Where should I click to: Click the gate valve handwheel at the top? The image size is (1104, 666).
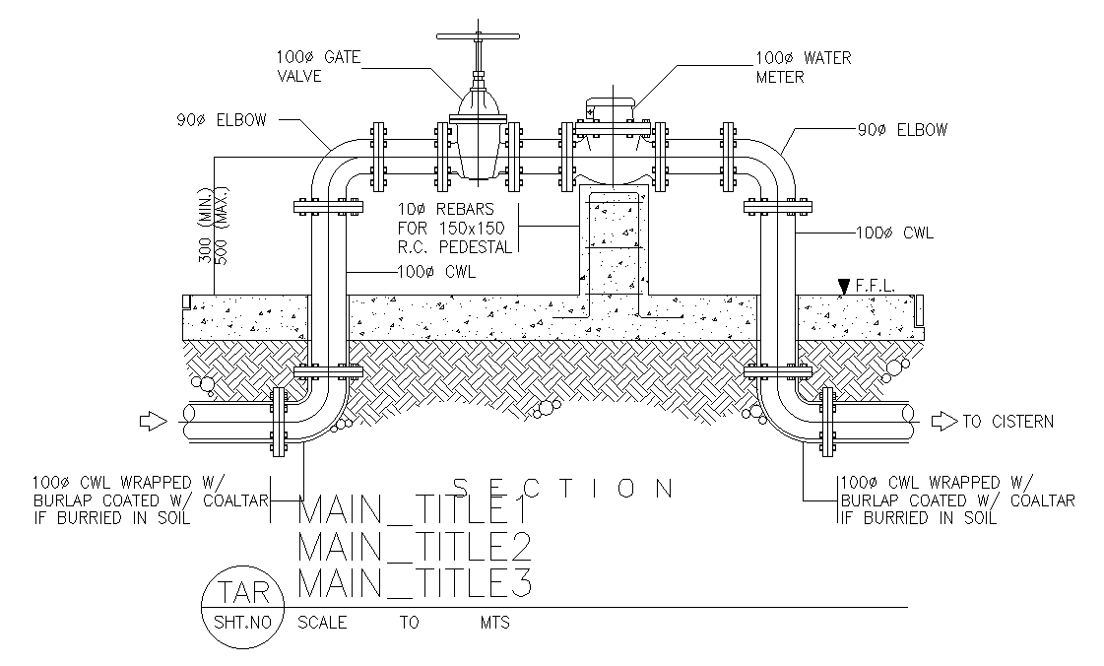(478, 38)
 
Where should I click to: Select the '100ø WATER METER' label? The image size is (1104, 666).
(803, 67)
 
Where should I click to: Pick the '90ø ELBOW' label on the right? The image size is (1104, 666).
(902, 129)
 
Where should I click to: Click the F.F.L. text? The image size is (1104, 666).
(876, 285)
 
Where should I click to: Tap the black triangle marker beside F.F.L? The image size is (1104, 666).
(843, 287)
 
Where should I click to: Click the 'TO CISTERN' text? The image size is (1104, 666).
(1007, 422)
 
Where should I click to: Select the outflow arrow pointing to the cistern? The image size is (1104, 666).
(943, 422)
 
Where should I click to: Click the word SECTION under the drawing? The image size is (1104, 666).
(562, 488)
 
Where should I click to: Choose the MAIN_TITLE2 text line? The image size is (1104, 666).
(414, 547)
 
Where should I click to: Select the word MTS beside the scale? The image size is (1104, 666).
(494, 623)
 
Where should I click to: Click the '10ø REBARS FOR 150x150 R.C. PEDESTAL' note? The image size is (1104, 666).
(455, 229)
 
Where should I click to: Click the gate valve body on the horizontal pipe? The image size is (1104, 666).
(478, 148)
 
